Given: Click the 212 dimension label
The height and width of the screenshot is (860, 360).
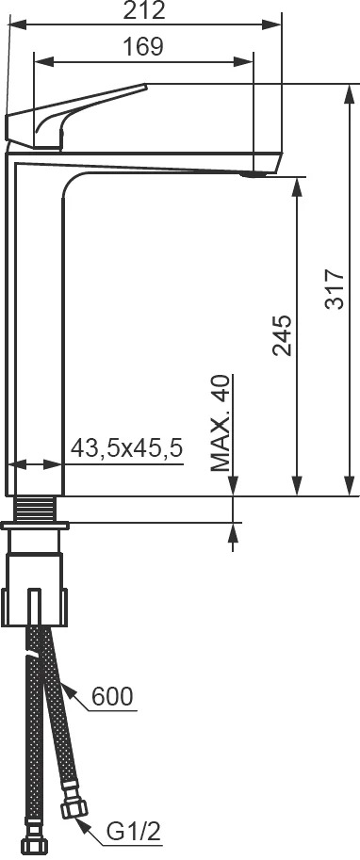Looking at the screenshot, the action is (x=144, y=10).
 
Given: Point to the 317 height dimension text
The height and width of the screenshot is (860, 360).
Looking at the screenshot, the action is (x=335, y=289).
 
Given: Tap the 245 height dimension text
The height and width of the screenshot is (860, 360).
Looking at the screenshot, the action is (x=283, y=334).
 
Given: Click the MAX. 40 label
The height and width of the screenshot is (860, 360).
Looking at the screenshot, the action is (x=221, y=424).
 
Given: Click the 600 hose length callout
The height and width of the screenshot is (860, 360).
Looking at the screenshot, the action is (x=112, y=696).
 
